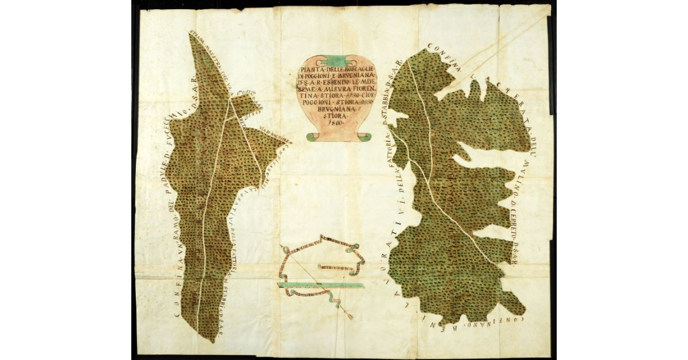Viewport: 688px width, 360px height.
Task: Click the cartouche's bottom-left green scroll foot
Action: coord(310,136)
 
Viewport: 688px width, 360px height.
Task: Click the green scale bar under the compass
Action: coord(321,284)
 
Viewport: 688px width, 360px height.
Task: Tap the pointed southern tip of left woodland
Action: coord(212,342)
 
